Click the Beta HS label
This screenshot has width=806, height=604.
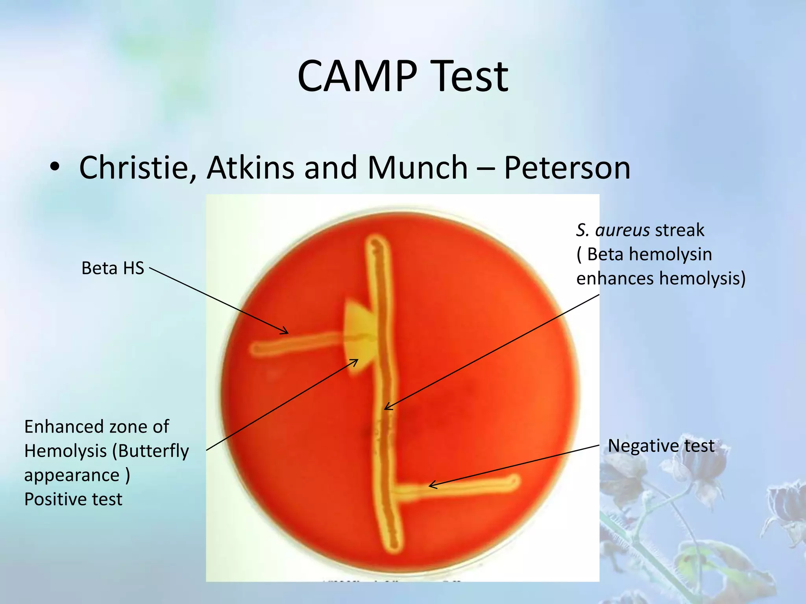(x=113, y=268)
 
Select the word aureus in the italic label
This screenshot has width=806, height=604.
(x=622, y=230)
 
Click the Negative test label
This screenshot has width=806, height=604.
(x=661, y=446)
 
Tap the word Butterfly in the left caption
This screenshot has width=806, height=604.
(x=151, y=451)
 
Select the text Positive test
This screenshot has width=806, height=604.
(x=73, y=499)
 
